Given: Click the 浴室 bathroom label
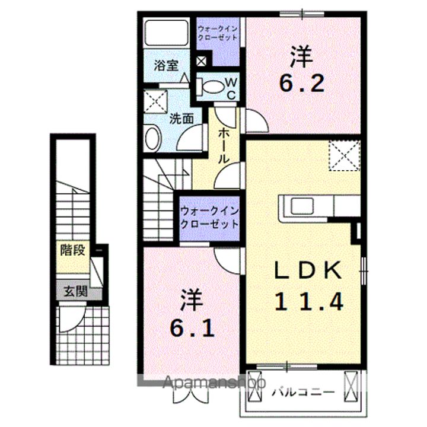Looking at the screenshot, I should [166, 65].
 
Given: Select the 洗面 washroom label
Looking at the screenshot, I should [181, 118].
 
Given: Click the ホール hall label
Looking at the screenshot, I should [224, 145].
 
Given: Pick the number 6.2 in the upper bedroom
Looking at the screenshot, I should [302, 83].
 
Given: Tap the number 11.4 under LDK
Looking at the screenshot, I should [308, 303].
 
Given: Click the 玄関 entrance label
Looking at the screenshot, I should [75, 291].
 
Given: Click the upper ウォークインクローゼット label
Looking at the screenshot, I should [218, 33].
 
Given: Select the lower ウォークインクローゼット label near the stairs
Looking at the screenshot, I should [210, 218].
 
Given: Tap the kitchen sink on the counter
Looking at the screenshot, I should [296, 206].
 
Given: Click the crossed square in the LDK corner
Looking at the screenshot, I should [345, 154].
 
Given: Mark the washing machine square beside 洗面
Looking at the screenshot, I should [156, 100].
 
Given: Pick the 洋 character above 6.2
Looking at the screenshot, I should [301, 58].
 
